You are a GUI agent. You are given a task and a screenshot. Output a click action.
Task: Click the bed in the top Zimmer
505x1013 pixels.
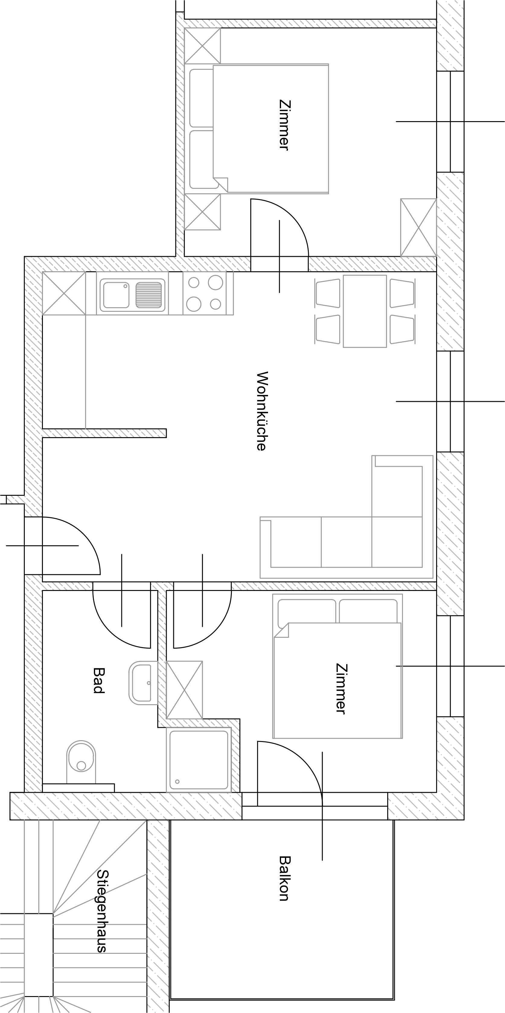tap(270, 129)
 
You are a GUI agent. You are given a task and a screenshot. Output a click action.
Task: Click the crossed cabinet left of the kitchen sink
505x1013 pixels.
tap(64, 293)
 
